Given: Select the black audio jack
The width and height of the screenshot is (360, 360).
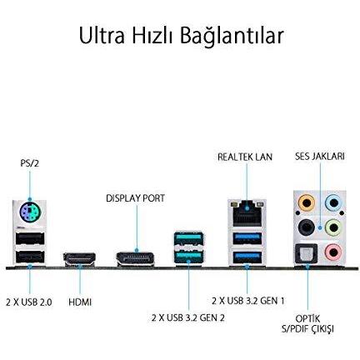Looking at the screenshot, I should pos(307,226).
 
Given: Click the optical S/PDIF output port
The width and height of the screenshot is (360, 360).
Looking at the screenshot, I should pos(307,252).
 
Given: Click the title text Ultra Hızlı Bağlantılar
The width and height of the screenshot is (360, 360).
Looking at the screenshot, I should pos(180,37).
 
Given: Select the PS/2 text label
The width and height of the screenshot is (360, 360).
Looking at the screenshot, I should pos(29,164).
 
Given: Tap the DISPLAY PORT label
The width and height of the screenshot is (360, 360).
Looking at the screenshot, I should pos(135,198).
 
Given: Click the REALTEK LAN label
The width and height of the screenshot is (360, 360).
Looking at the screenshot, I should pos(245,156).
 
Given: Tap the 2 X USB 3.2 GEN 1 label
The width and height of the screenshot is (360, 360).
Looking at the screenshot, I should pos(248,299).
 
